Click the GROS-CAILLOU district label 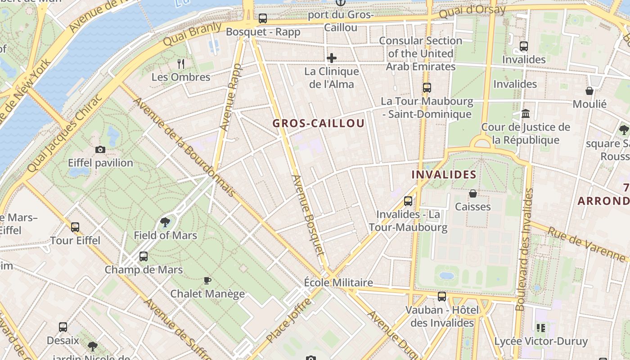[x=319, y=123]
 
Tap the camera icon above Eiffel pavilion [x=100, y=149]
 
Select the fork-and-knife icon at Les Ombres [x=181, y=63]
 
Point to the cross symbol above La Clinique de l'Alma [x=332, y=58]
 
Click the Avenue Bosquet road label [x=308, y=215]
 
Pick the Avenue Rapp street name [x=231, y=97]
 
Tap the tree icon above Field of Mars [x=165, y=222]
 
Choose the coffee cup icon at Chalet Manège [x=207, y=280]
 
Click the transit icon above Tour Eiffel [x=75, y=227]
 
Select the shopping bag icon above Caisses [x=473, y=193]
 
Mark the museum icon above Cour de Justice [x=526, y=113]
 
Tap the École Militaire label [x=338, y=283]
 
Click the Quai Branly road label [x=193, y=34]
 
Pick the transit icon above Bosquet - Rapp [x=263, y=18]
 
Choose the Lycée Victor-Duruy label [x=541, y=341]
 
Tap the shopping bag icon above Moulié [x=589, y=91]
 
